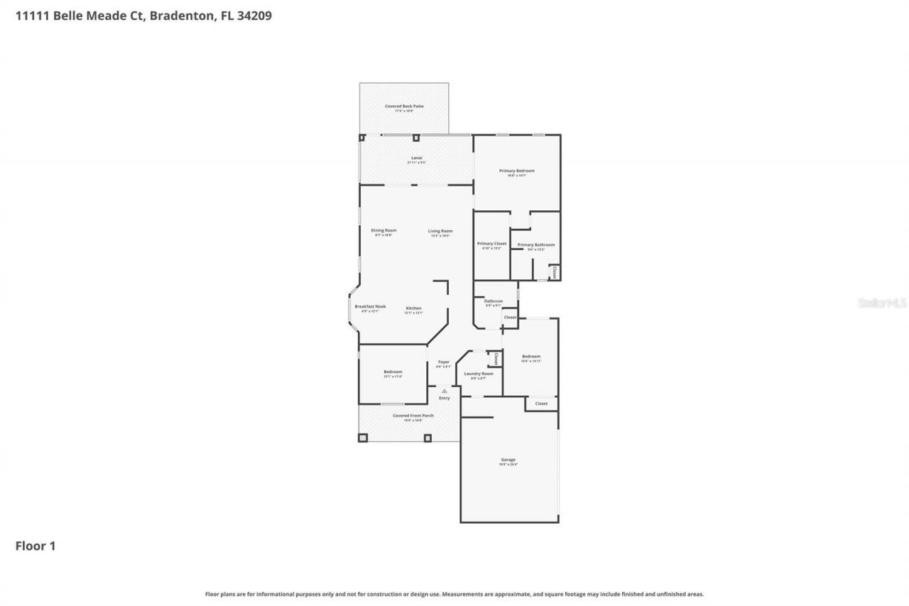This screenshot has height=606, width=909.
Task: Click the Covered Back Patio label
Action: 404,107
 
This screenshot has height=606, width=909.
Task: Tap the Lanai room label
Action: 417,158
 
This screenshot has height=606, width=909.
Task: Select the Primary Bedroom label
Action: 516,171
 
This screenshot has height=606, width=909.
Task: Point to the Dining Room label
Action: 383,230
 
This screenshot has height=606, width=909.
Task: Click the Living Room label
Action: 440,231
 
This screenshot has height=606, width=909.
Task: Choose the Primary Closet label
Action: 491,244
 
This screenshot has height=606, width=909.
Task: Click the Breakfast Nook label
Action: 370,306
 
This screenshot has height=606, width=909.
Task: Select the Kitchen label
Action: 413,308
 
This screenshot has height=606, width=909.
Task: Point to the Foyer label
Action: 443,362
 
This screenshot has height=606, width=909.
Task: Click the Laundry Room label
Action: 479,374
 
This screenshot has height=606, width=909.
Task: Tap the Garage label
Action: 508,460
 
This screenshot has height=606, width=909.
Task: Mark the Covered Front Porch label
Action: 413,416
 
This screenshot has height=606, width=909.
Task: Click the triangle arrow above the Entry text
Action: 445,391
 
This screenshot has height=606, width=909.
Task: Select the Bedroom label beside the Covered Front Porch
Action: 393,372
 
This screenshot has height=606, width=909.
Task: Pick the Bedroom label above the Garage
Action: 531,357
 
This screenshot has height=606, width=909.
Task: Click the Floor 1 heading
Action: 36,546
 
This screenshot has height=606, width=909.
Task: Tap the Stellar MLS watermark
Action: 882,303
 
